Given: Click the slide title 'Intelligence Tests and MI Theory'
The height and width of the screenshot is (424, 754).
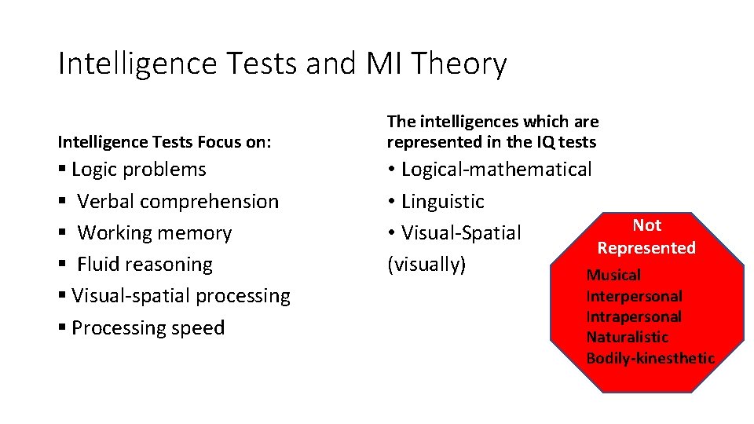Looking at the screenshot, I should (282, 64).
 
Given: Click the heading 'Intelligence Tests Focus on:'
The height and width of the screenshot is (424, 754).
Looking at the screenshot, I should (164, 142).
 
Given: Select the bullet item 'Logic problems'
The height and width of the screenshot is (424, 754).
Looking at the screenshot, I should (138, 170).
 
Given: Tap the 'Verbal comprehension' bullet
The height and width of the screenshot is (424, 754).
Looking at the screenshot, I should (178, 202).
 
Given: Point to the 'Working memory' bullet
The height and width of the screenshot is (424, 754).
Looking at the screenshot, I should (154, 233).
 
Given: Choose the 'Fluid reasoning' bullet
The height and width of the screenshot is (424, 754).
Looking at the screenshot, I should (145, 265).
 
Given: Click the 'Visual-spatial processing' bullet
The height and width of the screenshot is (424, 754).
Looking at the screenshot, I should (180, 296).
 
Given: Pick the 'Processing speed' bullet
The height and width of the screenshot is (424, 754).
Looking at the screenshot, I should (148, 327).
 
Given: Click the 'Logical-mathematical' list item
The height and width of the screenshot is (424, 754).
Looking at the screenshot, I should (496, 170).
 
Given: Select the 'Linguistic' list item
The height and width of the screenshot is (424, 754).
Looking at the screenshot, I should (442, 202).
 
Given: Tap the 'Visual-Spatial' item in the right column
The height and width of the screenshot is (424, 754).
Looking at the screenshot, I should (460, 233).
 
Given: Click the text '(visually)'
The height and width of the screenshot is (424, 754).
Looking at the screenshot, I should (426, 265).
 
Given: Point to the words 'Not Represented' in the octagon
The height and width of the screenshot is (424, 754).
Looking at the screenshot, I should (646, 236).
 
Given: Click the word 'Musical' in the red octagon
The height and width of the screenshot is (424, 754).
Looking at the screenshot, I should (613, 276).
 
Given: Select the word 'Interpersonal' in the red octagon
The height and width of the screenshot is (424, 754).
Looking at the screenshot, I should (634, 297).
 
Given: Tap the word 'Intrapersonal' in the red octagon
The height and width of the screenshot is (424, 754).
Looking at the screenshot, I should (633, 317).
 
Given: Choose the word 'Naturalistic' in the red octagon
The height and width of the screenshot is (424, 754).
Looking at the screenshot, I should (627, 338).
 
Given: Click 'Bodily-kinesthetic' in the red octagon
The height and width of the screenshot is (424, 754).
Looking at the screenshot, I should (650, 359).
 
